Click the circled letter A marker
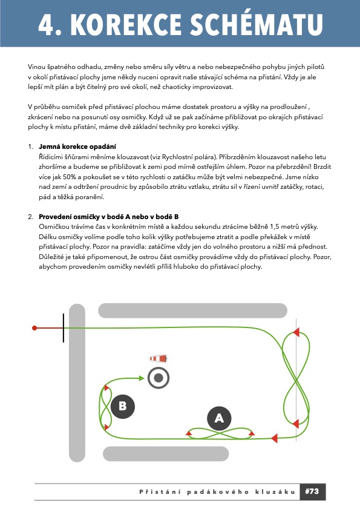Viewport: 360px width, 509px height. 219,418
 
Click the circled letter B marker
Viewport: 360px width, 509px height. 122,406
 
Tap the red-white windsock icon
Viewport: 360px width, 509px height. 159,359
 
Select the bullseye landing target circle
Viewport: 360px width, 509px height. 159,378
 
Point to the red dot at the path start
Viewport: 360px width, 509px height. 34,328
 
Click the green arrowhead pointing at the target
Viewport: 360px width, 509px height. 142,378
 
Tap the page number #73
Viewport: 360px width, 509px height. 312,491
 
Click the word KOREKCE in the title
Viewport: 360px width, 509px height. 126,24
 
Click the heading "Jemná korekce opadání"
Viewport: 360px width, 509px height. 77,146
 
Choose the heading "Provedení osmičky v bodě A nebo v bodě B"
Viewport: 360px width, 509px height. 109,217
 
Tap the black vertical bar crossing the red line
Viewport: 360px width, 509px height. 64,328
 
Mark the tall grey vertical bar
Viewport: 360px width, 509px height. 77,383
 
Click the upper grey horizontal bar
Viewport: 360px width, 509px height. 193,310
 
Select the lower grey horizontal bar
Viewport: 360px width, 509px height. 166,454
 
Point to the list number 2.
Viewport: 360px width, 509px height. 30,217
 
